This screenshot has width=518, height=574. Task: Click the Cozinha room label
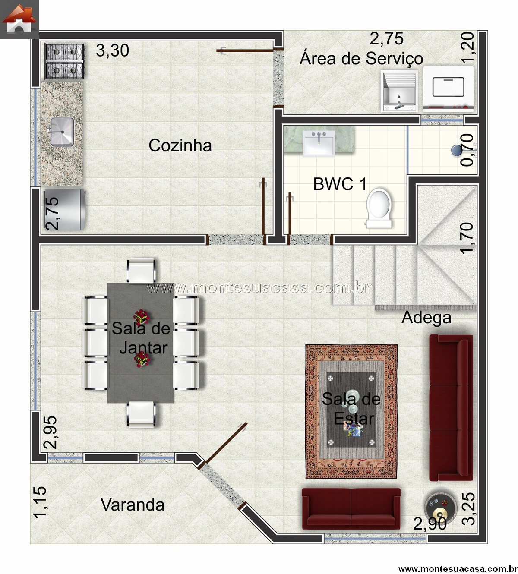[180, 145]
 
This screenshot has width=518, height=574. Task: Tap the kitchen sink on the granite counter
[62, 132]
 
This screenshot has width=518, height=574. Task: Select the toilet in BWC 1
[379, 208]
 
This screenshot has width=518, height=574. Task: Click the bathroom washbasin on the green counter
[319, 143]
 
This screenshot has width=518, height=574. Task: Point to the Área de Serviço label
[361, 59]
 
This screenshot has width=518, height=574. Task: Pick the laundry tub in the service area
[400, 91]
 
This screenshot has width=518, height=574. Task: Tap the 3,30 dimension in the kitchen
[112, 50]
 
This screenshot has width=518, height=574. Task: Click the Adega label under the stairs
[426, 318]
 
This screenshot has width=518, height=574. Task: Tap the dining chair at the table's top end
[142, 271]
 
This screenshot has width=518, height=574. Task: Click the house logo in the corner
[19, 19]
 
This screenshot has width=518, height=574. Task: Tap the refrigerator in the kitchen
[64, 209]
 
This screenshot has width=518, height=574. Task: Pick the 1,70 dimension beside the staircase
[467, 238]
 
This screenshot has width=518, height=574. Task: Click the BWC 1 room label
[340, 184]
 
